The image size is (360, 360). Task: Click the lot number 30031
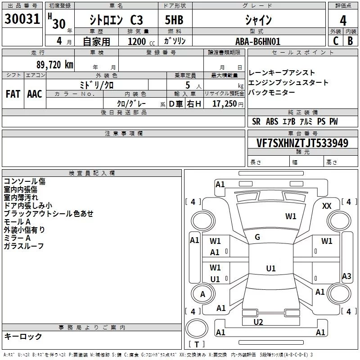pyautogui.click(x=22, y=19)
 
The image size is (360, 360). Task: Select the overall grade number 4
pyautogui.click(x=343, y=20)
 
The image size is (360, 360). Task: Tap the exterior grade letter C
pyautogui.click(x=336, y=41)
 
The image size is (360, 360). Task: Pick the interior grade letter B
pyautogui.click(x=350, y=41)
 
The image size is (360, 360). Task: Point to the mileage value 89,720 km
pyautogui.click(x=55, y=65)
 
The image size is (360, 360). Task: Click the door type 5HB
pyautogui.click(x=174, y=20)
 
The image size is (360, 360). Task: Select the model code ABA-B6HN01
pyautogui.click(x=258, y=41)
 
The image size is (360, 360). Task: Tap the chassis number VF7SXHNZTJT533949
pyautogui.click(x=302, y=143)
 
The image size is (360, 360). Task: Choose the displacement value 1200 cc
pyautogui.click(x=141, y=41)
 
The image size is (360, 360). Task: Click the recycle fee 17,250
pyautogui.click(x=225, y=104)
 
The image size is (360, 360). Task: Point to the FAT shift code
pyautogui.click(x=13, y=94)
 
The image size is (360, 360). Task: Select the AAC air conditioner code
pyautogui.click(x=35, y=94)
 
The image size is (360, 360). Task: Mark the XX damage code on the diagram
pyautogui.click(x=327, y=206)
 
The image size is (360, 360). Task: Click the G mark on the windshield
pyautogui.click(x=257, y=237)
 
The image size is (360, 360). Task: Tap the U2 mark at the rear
pyautogui.click(x=258, y=322)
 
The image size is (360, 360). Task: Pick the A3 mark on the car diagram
pyautogui.click(x=346, y=276)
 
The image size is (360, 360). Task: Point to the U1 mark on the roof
pyautogui.click(x=271, y=268)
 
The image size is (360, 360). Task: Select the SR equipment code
pyautogui.click(x=256, y=121)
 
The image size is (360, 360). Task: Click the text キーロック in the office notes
pyautogui.click(x=23, y=336)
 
